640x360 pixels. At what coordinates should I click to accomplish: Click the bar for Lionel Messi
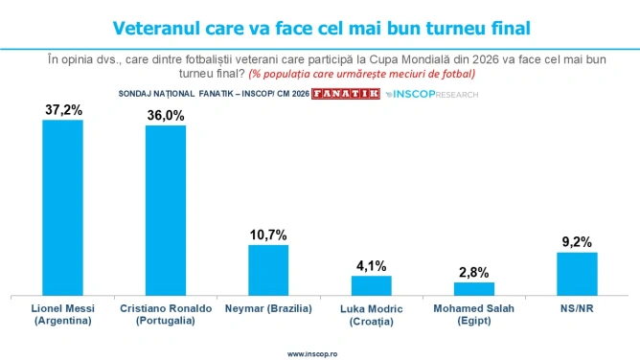pyautogui.click(x=63, y=208)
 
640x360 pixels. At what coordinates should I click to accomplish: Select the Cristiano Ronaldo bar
pyautogui.click(x=166, y=211)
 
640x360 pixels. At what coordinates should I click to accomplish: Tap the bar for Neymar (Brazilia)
pyautogui.click(x=268, y=270)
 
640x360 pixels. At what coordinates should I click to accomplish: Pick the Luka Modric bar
pyautogui.click(x=372, y=286)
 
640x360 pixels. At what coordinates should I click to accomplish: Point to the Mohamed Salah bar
pyautogui.click(x=474, y=289)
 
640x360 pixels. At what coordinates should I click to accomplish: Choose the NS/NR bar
pyautogui.click(x=577, y=274)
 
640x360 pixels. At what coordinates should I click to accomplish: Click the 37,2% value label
pyautogui.click(x=63, y=110)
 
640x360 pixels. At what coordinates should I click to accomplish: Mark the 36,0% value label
pyautogui.click(x=166, y=116)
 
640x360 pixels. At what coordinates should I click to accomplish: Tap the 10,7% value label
pyautogui.click(x=268, y=235)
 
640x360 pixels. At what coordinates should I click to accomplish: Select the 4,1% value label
pyautogui.click(x=372, y=266)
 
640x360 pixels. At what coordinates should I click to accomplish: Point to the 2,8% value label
pyautogui.click(x=474, y=272)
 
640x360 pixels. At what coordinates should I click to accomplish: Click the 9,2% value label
pyautogui.click(x=577, y=242)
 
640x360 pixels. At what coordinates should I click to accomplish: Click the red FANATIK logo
pyautogui.click(x=346, y=94)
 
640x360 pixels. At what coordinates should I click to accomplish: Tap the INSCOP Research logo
pyautogui.click(x=432, y=95)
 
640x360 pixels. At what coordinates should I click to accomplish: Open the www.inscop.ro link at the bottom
pyautogui.click(x=312, y=354)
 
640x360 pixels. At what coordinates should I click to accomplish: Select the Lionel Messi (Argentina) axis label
pyautogui.click(x=63, y=314)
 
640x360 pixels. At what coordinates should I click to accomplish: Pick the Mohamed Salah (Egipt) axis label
pyautogui.click(x=474, y=314)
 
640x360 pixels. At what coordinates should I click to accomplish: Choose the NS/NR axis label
pyautogui.click(x=577, y=308)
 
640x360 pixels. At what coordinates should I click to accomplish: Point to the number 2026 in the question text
pyautogui.click(x=486, y=59)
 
